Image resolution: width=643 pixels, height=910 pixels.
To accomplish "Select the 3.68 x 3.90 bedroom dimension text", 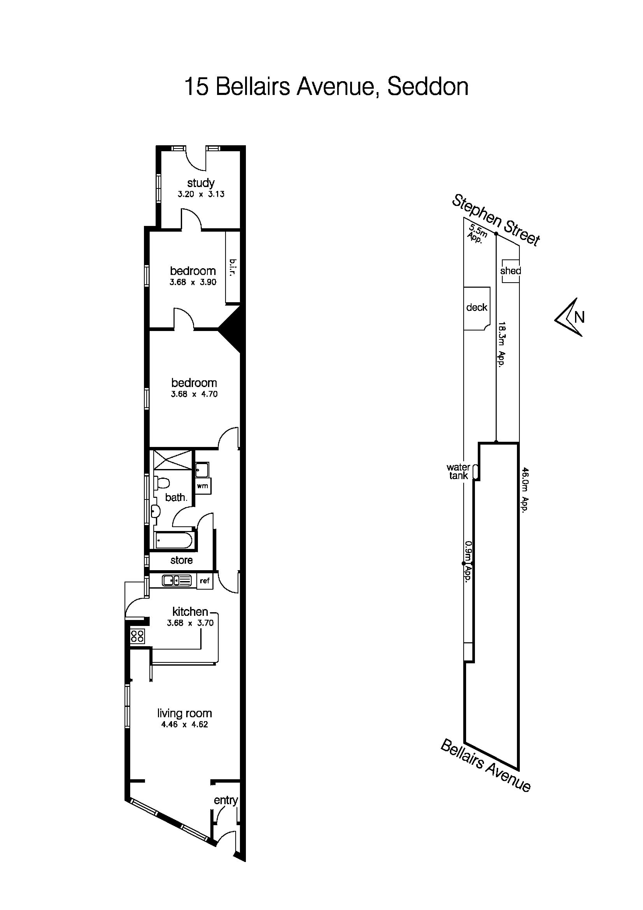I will click(193, 282).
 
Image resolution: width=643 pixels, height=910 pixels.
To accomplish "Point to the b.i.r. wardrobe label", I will click(233, 269).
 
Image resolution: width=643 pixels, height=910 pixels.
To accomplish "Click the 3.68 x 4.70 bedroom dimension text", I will click(194, 394).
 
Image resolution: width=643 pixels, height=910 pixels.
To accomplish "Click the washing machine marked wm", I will click(203, 486).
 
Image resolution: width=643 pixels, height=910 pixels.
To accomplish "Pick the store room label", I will click(182, 560).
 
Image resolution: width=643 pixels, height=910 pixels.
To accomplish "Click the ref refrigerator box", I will click(204, 581).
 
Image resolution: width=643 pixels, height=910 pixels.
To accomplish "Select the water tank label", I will click(458, 472).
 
